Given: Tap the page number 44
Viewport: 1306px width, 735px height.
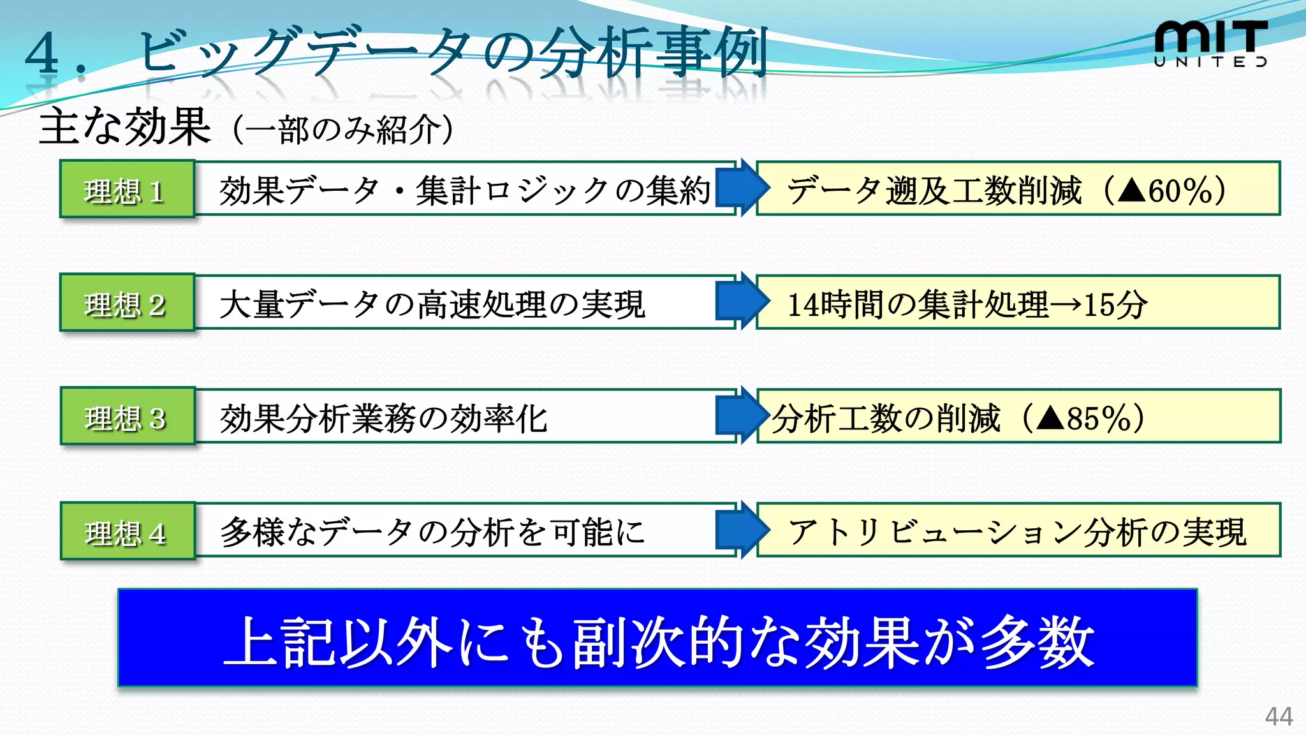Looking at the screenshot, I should coord(1279,716).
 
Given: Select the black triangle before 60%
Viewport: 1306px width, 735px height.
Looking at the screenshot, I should coord(1132,190).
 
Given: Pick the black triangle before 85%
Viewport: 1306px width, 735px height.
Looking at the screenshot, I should coord(1050,419).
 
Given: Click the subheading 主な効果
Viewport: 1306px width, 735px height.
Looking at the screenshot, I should coord(125,126).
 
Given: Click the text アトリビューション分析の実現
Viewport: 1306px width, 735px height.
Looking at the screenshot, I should coord(1016,532).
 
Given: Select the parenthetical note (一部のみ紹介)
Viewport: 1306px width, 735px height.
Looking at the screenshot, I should coord(343,130).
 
